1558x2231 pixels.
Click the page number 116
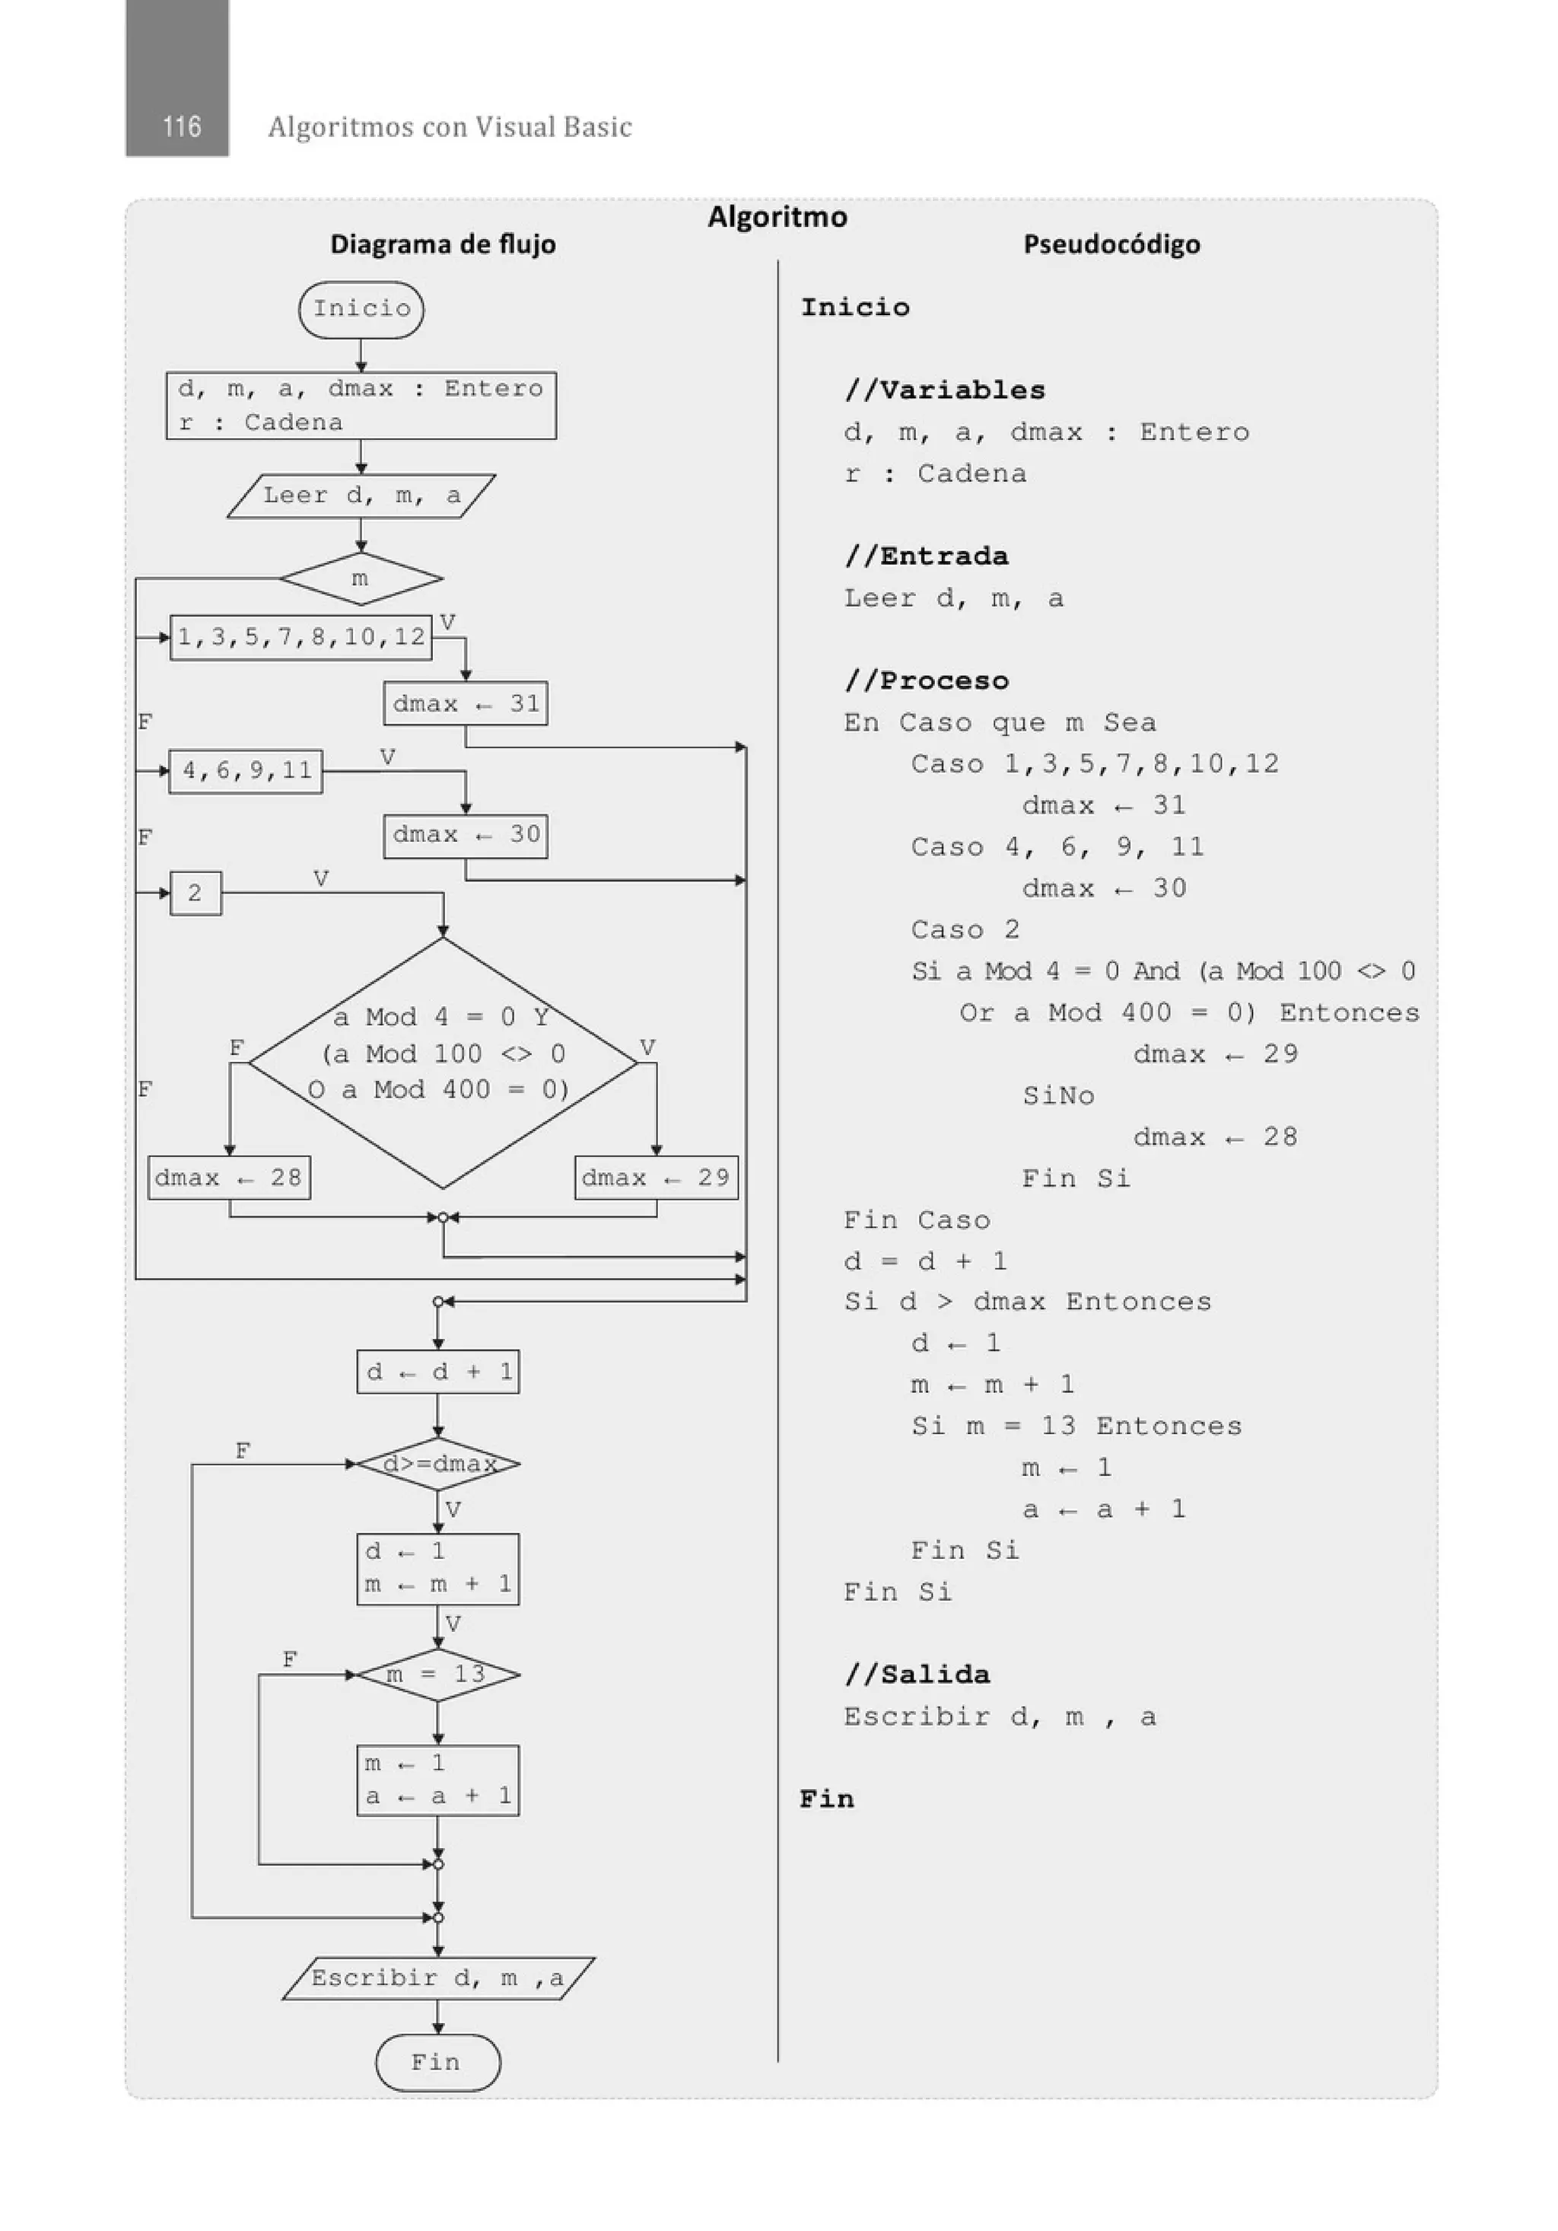coord(182,126)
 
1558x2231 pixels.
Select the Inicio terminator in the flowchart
coord(361,309)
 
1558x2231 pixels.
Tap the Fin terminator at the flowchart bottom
coord(437,2062)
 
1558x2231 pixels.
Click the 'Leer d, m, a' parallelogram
coord(361,496)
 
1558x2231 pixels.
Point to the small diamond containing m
coord(361,579)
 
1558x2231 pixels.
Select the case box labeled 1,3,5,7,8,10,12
coord(301,637)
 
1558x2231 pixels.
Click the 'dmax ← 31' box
coord(466,703)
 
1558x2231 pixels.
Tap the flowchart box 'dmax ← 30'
coord(466,836)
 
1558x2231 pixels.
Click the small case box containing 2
coord(196,893)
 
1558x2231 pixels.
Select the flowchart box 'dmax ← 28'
coord(229,1178)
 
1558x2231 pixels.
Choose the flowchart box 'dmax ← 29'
coord(656,1178)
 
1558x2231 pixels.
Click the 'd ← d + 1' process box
coord(438,1372)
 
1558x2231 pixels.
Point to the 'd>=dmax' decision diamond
coord(438,1464)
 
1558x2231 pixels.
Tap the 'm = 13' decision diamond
coord(438,1675)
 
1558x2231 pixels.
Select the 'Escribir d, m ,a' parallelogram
coord(438,1978)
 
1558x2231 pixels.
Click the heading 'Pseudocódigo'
coord(1111,244)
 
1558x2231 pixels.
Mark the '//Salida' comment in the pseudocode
coord(917,1675)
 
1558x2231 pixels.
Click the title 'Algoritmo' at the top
coord(777,217)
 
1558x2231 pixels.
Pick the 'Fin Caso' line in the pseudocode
coord(917,1220)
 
